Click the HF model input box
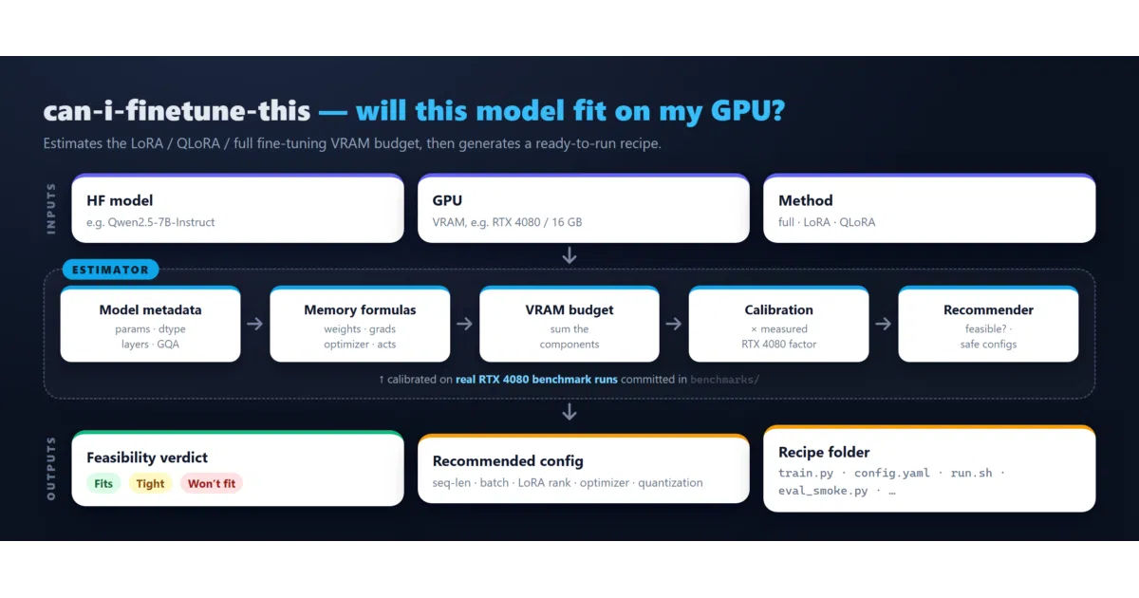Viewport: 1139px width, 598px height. tap(237, 209)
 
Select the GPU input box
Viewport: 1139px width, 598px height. tap(583, 209)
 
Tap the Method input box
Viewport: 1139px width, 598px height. tap(929, 209)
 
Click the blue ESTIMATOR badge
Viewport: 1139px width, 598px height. tap(110, 270)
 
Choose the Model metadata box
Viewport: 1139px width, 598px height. tap(151, 324)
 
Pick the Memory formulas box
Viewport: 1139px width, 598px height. tap(360, 324)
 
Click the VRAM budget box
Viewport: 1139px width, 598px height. tap(569, 324)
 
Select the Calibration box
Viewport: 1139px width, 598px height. tap(779, 324)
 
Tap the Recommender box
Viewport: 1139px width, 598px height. tap(988, 324)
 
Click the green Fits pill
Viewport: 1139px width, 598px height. tap(103, 483)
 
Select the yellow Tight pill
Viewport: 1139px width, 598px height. tap(150, 483)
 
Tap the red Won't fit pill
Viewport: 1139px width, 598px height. tap(212, 483)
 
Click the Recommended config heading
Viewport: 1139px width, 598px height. tap(508, 460)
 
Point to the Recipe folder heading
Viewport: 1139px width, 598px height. tap(824, 452)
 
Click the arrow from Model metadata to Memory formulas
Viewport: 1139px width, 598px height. tap(255, 324)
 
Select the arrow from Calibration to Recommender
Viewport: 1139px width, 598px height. tap(884, 324)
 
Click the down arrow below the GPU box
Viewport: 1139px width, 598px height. tap(569, 255)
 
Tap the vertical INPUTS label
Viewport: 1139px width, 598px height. tap(51, 209)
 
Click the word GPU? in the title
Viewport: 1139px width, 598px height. tap(748, 111)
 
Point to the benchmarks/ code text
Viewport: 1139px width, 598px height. tap(724, 380)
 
